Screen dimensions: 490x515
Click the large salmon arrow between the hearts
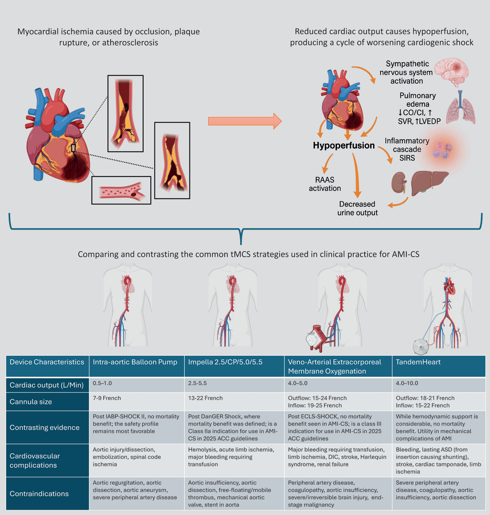coord(245,121)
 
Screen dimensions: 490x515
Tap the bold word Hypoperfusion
coord(344,146)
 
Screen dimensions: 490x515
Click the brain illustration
coord(452,72)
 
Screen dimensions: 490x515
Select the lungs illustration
coord(461,107)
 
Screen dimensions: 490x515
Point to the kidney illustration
coord(399,182)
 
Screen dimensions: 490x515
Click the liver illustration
coord(429,182)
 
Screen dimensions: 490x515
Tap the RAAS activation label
coord(325,184)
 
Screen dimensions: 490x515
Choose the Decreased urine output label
coord(357,208)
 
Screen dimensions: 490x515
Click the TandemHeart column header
coord(418,362)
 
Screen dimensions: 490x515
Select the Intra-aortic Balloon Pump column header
coord(135,362)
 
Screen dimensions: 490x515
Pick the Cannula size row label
coord(31,401)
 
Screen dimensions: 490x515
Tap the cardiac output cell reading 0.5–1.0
coord(102,383)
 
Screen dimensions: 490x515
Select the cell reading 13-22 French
coord(205,398)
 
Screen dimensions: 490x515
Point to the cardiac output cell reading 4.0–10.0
coord(407,383)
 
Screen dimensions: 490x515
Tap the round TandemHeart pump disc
coord(421,347)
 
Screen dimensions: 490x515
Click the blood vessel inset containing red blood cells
coord(121,190)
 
